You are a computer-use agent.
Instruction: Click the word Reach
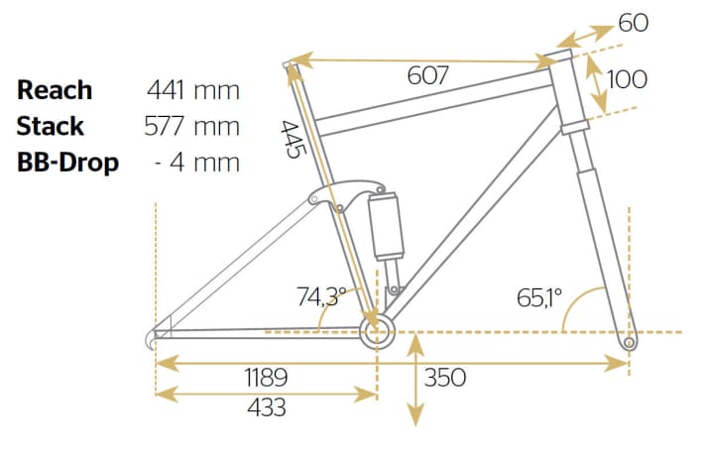click(x=55, y=90)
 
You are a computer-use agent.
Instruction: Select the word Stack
click(x=51, y=126)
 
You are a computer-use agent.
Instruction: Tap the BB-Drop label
click(x=67, y=162)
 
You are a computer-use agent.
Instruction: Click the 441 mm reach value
click(x=193, y=90)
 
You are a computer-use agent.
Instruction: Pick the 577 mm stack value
click(x=193, y=126)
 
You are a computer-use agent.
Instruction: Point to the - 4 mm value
click(x=198, y=162)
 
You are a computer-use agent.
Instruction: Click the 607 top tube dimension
click(x=428, y=75)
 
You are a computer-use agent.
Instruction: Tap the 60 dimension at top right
click(x=633, y=22)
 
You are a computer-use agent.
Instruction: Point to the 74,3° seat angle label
click(x=321, y=294)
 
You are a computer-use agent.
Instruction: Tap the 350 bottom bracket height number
click(x=445, y=378)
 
